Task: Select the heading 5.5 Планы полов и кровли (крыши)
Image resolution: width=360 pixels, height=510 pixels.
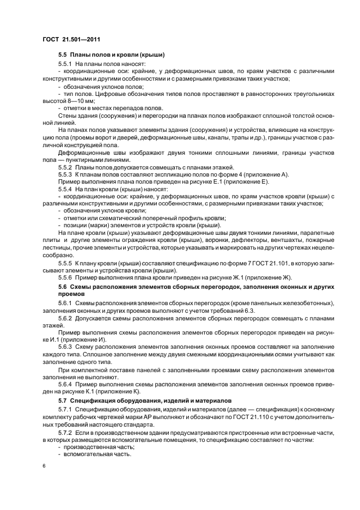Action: tap(112, 55)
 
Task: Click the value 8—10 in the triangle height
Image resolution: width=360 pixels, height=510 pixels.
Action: tap(71, 101)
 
